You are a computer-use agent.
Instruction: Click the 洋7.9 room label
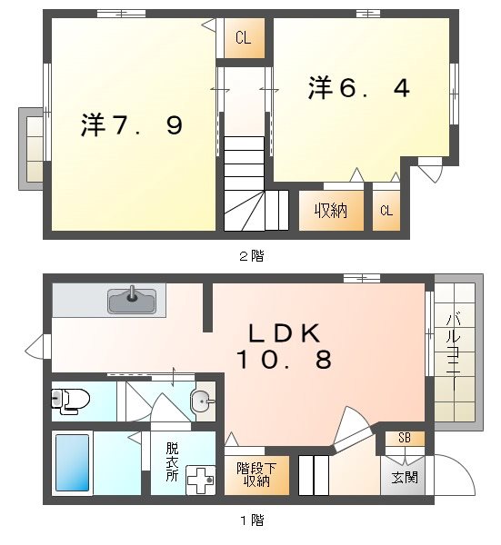pos(132,124)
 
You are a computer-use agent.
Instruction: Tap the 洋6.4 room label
pos(359,88)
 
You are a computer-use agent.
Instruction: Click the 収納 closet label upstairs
pos(331,211)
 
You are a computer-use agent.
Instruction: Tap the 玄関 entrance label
pos(405,476)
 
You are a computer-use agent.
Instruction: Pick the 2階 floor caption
pos(251,256)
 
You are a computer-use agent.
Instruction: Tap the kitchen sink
pos(133,299)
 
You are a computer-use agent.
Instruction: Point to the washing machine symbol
pos(199,480)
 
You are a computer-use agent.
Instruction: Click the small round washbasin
pos(202,401)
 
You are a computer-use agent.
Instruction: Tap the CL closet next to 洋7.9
pos(243,38)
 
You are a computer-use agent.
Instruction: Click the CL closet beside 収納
pos(386,211)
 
